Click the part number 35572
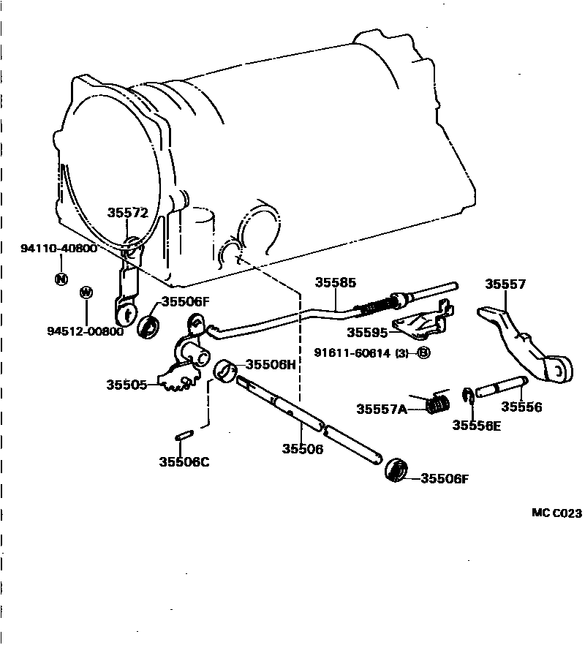pyautogui.click(x=128, y=213)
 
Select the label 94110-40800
pyautogui.click(x=58, y=248)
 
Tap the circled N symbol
pyautogui.click(x=61, y=279)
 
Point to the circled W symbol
pyautogui.click(x=86, y=293)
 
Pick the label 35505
pyautogui.click(x=126, y=384)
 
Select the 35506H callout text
pyautogui.click(x=271, y=364)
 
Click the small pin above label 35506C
pyautogui.click(x=184, y=437)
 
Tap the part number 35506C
pyautogui.click(x=184, y=461)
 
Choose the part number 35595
pyautogui.click(x=367, y=332)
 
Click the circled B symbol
pyautogui.click(x=423, y=353)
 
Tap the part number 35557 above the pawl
pyautogui.click(x=505, y=284)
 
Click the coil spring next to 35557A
pyautogui.click(x=437, y=402)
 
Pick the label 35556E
pyautogui.click(x=476, y=425)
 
